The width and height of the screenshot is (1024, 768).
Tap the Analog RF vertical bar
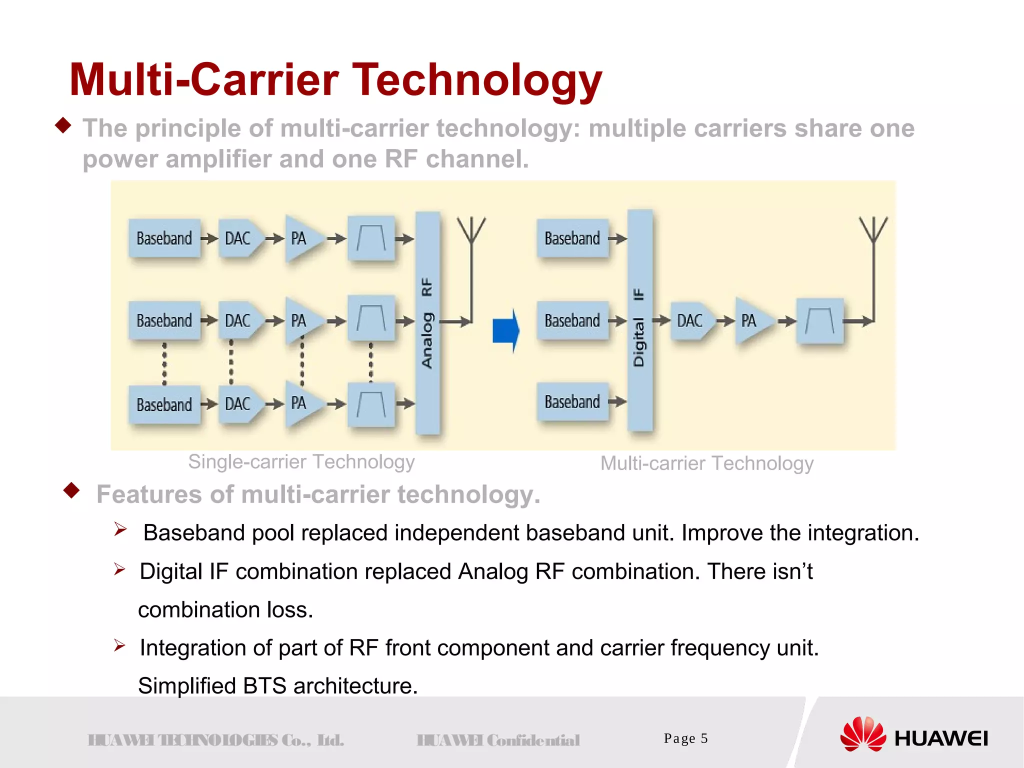click(427, 322)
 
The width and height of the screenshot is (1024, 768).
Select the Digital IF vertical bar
click(639, 320)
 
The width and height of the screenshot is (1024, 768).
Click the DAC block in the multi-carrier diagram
click(690, 320)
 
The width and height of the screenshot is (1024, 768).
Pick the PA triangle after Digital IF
click(751, 320)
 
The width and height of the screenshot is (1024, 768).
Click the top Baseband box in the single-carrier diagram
click(164, 238)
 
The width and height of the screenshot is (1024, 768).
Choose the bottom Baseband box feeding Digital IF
click(572, 402)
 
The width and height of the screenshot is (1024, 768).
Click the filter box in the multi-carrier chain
click(819, 321)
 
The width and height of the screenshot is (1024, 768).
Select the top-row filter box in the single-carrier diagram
click(371, 238)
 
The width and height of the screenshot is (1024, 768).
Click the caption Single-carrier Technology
click(301, 462)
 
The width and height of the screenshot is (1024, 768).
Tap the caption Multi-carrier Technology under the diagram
click(706, 463)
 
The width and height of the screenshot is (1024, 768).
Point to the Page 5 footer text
click(685, 738)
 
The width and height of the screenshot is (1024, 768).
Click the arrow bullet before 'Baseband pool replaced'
click(120, 529)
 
